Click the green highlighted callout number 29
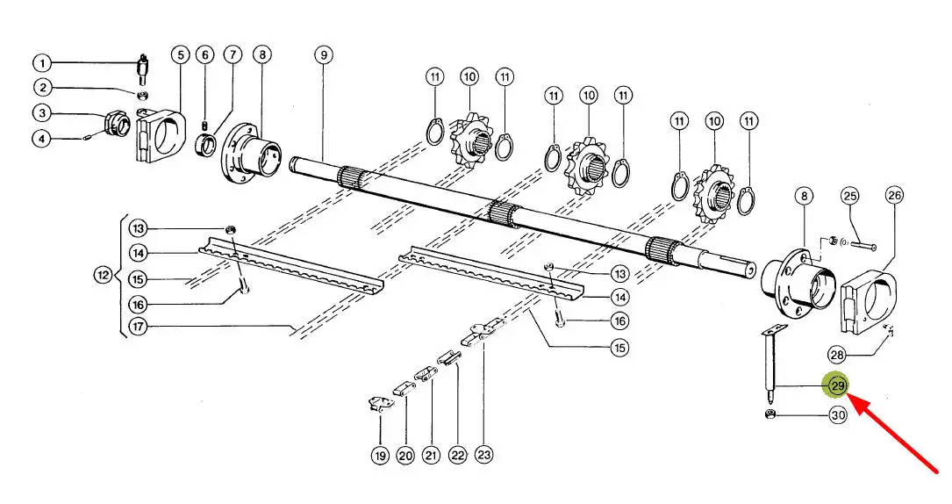(838, 385)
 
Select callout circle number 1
(42, 62)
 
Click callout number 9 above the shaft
(325, 54)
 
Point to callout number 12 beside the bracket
(104, 275)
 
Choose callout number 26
(894, 195)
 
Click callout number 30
(838, 415)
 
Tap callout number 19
(380, 456)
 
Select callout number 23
(483, 454)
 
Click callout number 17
(139, 327)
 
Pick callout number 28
(837, 355)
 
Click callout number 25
(850, 196)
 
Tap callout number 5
(181, 54)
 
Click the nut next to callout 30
(770, 415)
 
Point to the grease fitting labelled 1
(143, 69)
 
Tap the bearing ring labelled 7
(206, 146)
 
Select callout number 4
(41, 139)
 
